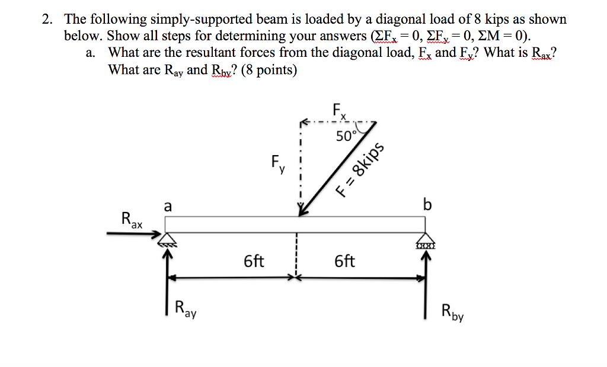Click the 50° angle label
[x=346, y=136]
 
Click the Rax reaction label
[x=132, y=220]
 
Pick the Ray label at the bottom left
[x=186, y=308]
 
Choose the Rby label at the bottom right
[x=453, y=311]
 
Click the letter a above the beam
[x=168, y=206]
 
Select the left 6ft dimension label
[x=254, y=260]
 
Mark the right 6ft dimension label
[x=345, y=260]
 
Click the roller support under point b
[x=426, y=242]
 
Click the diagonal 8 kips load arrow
[x=338, y=169]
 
